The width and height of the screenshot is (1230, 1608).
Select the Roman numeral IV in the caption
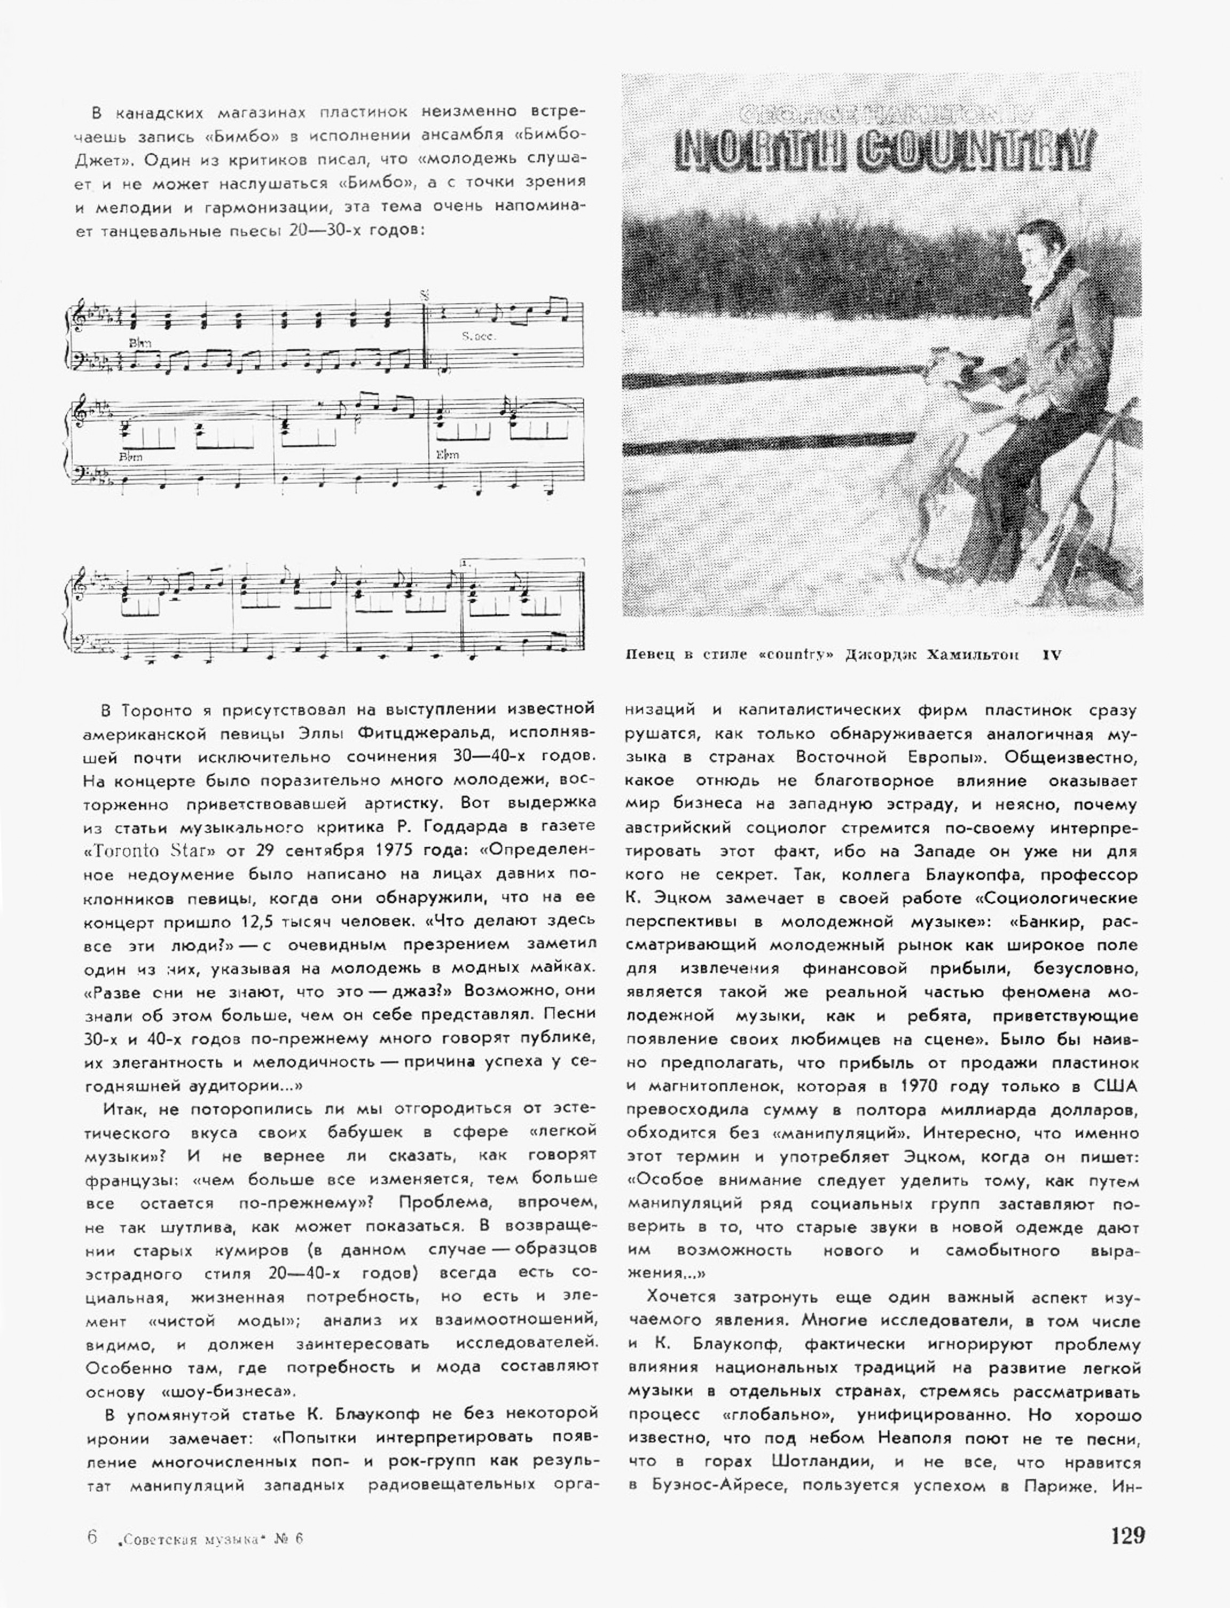(x=1052, y=655)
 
